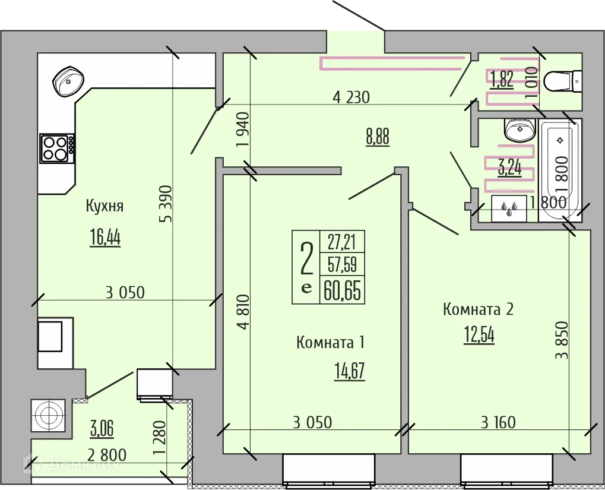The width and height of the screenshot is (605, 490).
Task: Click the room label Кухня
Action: [x=104, y=206]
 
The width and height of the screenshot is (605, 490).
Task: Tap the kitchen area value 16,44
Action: [x=105, y=238]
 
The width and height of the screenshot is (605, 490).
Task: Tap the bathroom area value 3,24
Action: [x=509, y=168]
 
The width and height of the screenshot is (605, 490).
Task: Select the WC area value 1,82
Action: [x=501, y=80]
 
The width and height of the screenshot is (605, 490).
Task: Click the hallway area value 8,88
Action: [x=378, y=137]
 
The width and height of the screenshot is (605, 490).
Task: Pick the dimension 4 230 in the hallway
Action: [x=351, y=97]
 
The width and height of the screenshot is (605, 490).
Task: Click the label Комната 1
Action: [x=330, y=343]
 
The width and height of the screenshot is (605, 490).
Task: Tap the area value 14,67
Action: [x=349, y=371]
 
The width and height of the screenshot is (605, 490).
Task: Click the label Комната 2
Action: [x=478, y=309]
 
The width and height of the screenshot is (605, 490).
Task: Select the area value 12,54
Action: [x=479, y=335]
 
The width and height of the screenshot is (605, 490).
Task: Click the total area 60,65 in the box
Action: [x=342, y=291]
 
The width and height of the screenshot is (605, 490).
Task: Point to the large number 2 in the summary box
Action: [x=306, y=258]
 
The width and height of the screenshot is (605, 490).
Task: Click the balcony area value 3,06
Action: [x=102, y=427]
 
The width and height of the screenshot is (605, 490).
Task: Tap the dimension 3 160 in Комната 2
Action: [x=498, y=423]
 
